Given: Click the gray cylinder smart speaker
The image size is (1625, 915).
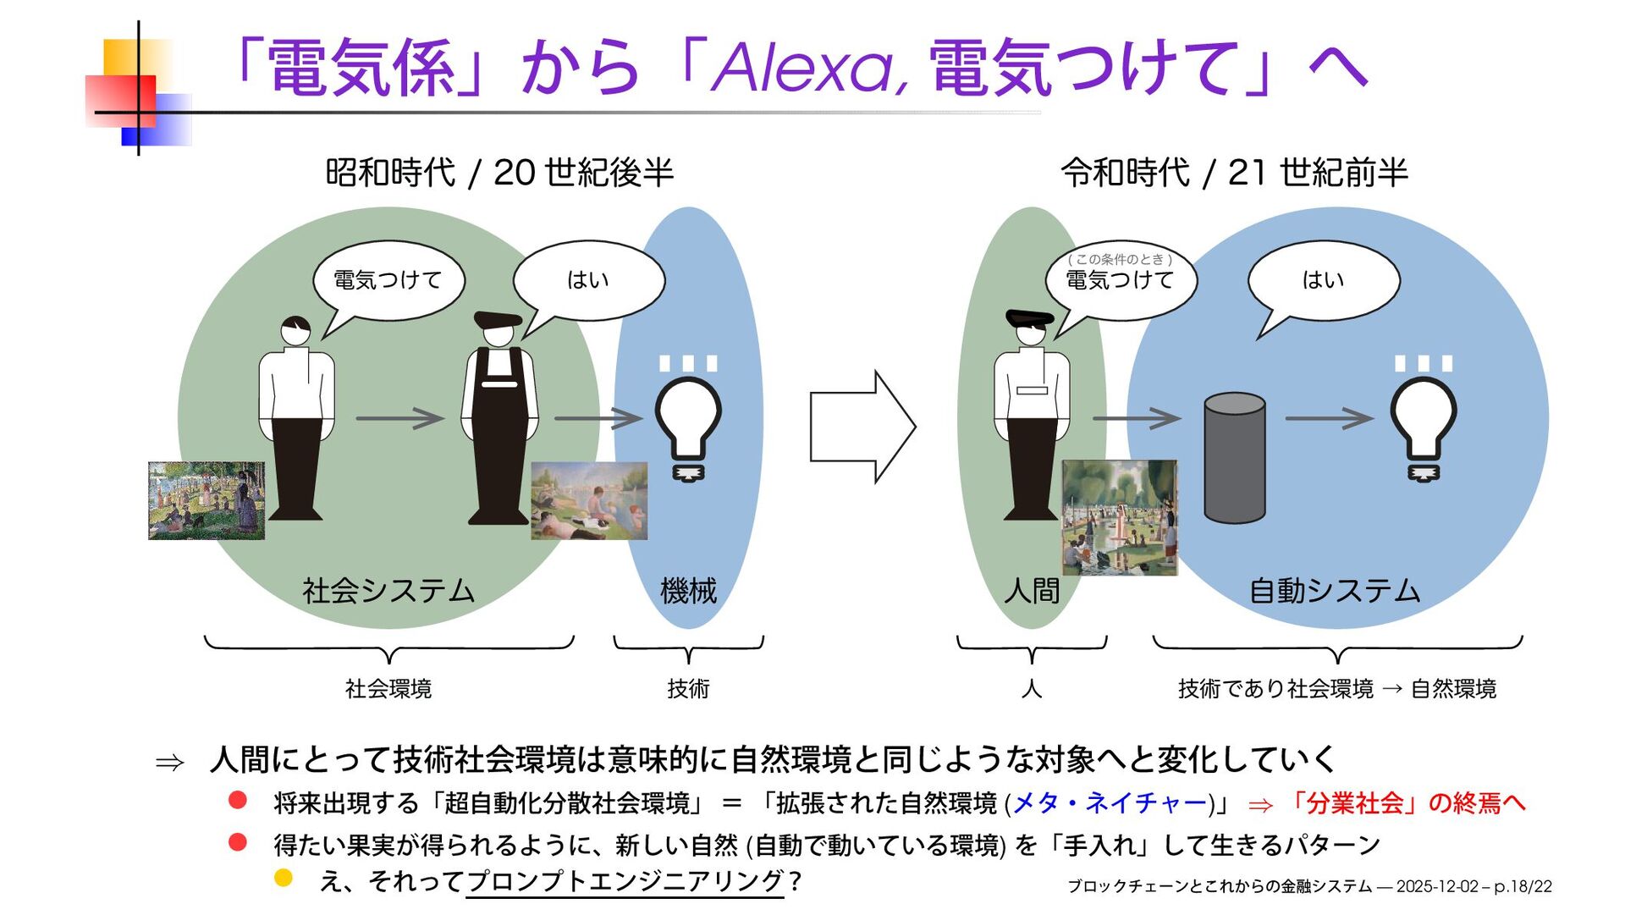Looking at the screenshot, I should [1234, 457].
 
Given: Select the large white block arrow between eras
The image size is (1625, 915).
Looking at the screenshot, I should [862, 427].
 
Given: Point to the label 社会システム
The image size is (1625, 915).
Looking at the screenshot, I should [388, 590].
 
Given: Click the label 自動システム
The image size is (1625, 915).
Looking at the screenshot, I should [1335, 590].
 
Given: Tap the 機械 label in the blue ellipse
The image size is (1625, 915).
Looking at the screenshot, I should [688, 590].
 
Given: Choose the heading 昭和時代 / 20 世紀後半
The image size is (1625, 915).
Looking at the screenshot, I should [499, 173].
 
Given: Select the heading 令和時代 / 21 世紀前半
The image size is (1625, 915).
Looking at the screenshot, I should [1234, 173].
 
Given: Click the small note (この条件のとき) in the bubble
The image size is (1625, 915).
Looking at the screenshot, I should [1120, 259].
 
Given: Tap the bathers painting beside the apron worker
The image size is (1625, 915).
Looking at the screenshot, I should [589, 500].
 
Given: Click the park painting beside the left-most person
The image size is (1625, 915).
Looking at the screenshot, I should [207, 500].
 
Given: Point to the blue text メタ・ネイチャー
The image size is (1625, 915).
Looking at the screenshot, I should [1109, 802].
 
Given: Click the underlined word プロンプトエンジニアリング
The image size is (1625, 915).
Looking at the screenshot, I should [625, 881].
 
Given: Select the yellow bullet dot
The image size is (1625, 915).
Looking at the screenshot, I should [284, 878].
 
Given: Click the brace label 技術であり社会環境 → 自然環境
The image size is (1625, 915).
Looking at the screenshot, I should [1336, 689].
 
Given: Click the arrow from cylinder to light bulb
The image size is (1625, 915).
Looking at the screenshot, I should [1328, 418].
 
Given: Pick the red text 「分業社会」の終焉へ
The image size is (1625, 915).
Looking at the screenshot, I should [1406, 802].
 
